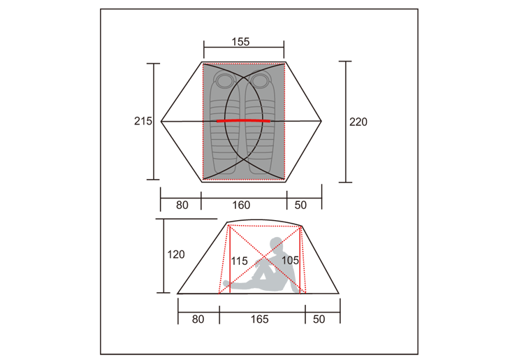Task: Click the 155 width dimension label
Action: (x=240, y=41)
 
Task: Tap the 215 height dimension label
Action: (x=143, y=121)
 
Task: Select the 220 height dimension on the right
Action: (x=358, y=122)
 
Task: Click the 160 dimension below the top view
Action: (x=241, y=205)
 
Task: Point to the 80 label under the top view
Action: (x=182, y=205)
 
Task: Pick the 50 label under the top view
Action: (x=300, y=205)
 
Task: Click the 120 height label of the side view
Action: (x=176, y=254)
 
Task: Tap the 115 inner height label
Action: (x=239, y=261)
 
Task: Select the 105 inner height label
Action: (x=290, y=260)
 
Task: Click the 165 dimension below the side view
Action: (x=260, y=319)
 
